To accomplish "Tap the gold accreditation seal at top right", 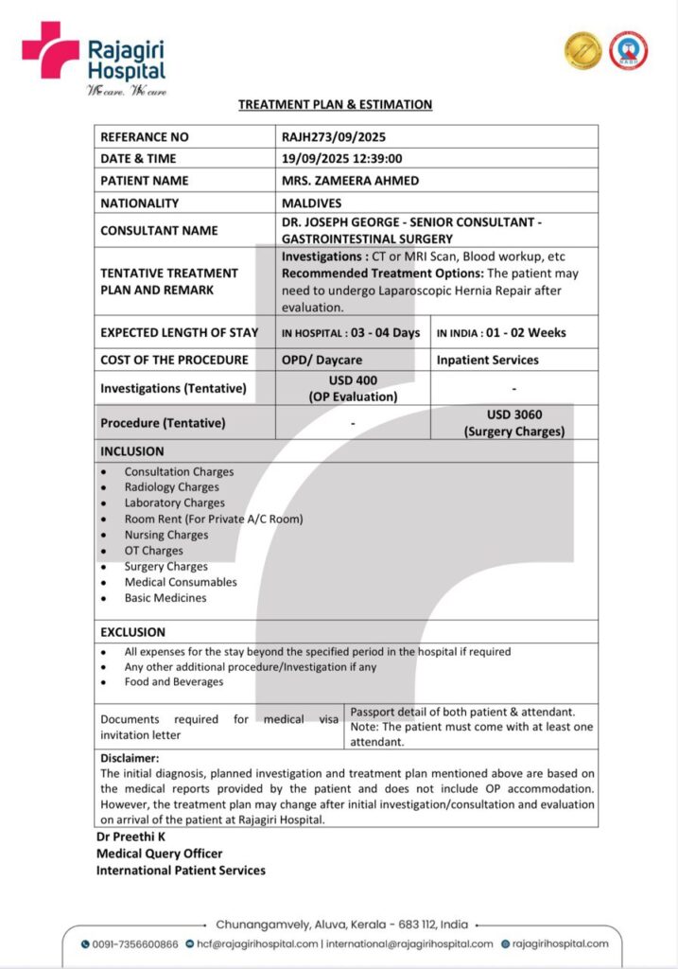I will (582, 51).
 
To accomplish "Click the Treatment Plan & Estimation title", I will (335, 105).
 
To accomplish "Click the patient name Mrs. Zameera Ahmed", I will (350, 181).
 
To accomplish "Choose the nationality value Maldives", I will (311, 203).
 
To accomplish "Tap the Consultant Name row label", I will (159, 230).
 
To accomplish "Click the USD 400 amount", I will (353, 380).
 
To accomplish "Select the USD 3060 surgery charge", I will (514, 414).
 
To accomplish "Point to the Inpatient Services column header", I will (487, 360).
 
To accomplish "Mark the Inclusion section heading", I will (131, 451).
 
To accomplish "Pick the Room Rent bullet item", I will (214, 519).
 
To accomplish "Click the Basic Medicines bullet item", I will (165, 598).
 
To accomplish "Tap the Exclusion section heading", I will (132, 632).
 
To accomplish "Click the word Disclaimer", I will (130, 758).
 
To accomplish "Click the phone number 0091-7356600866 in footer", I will (135, 943).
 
